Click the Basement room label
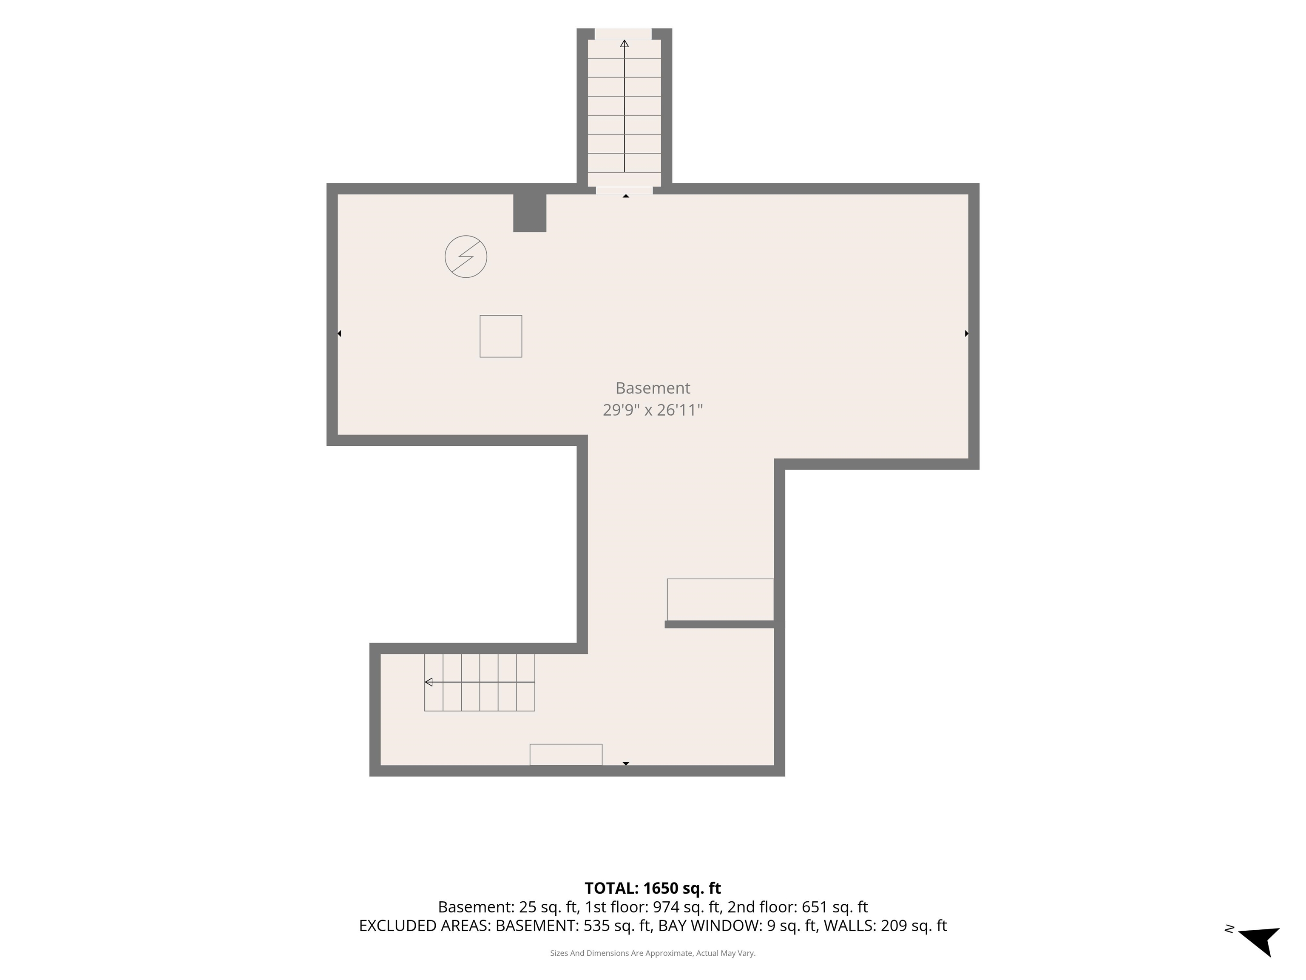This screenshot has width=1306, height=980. coord(653,388)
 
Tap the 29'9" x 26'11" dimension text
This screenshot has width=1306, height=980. coord(653,410)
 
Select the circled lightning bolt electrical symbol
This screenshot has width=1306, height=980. coord(466,256)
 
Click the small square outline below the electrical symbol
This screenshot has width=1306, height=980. coord(501,336)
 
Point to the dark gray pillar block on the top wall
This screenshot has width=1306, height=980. coord(530,213)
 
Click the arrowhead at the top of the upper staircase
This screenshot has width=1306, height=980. coord(624,44)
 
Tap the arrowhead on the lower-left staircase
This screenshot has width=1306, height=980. coord(429,682)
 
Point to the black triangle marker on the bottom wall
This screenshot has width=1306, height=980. coord(626,764)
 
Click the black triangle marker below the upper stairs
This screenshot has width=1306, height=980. coord(626,196)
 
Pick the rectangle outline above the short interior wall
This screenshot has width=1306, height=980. coord(720,600)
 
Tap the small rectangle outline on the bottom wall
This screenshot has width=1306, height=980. coord(565,754)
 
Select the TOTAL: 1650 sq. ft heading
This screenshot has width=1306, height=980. coord(653,889)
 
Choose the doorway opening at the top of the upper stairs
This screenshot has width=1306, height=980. coord(623,34)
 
